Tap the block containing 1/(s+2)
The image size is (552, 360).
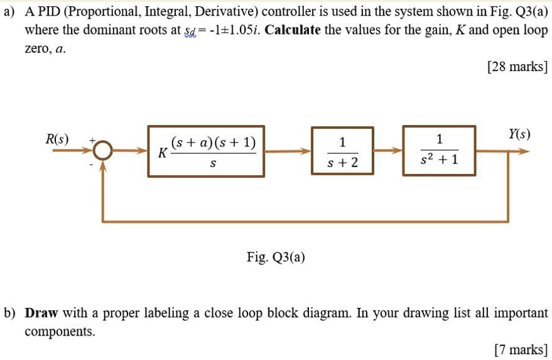pos(342,151)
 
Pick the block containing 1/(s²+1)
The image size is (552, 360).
pos(439,151)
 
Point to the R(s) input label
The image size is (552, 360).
pos(58,138)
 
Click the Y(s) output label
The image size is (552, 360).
pos(519,134)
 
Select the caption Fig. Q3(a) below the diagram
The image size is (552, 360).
pos(276,258)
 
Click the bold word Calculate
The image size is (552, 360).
pos(293,30)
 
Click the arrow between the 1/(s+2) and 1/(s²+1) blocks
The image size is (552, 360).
pos(389,151)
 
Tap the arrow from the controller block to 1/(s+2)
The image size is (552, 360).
pos(288,151)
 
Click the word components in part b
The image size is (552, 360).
pos(60,332)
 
